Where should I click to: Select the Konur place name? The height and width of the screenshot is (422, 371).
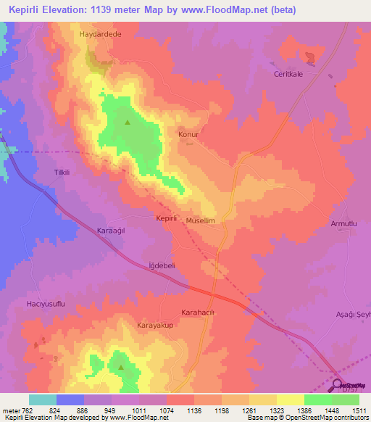(x=188, y=134)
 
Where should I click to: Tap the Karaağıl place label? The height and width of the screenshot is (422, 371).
(x=112, y=231)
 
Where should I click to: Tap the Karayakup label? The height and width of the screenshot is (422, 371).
(x=157, y=326)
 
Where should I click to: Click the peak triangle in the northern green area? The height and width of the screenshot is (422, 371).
(x=128, y=122)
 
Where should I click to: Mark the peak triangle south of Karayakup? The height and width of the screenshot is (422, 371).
(x=121, y=366)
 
